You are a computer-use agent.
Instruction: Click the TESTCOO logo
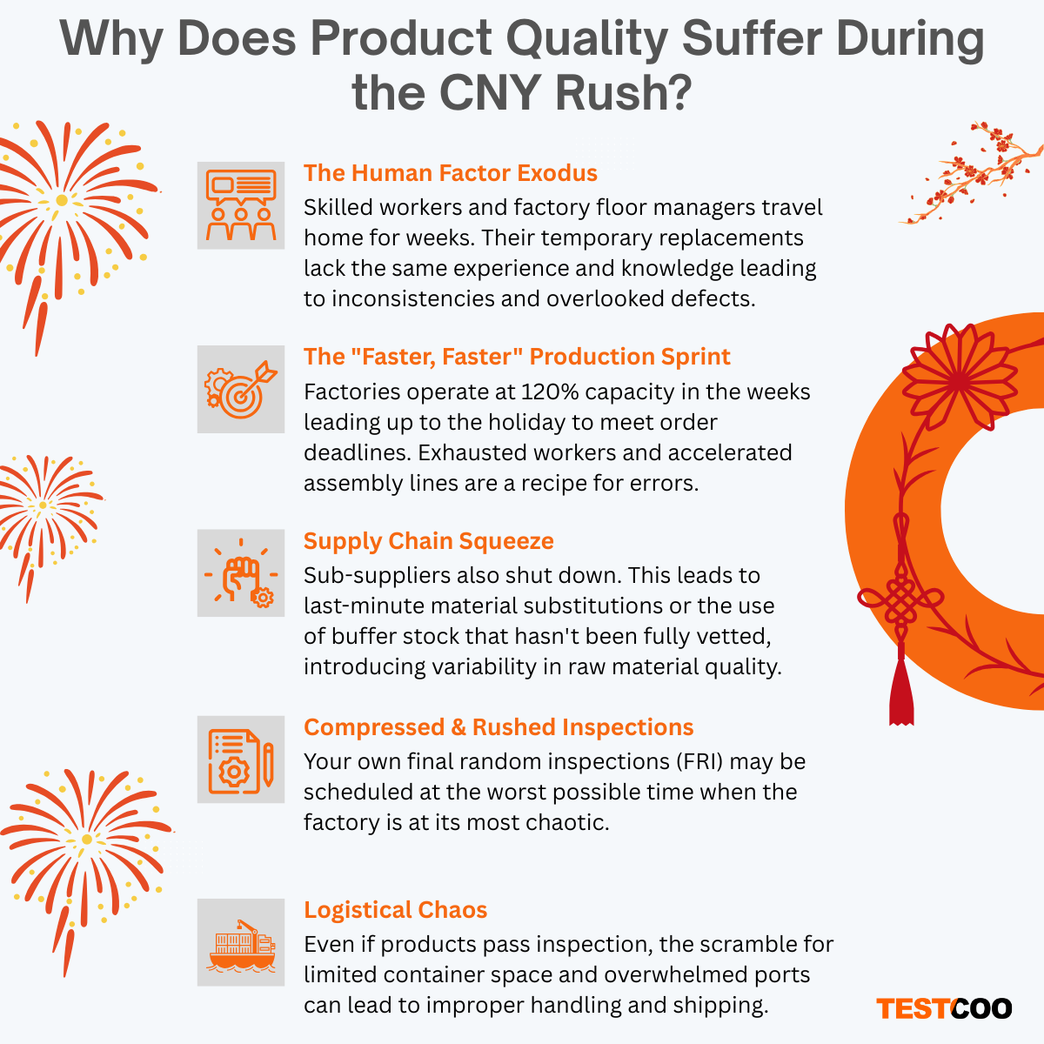[944, 1008]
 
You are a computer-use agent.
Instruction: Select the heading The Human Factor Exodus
[450, 173]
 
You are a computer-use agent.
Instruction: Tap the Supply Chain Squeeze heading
[428, 541]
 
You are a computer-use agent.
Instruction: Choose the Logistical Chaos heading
[395, 910]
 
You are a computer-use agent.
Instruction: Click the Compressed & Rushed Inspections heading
[499, 727]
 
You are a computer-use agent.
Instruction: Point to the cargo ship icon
[241, 943]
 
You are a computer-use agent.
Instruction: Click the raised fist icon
[241, 573]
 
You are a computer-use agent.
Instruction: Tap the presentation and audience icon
[241, 205]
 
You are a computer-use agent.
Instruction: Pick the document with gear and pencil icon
[241, 760]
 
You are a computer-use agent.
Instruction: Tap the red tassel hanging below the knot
[901, 692]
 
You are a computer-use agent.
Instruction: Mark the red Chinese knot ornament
[901, 600]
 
